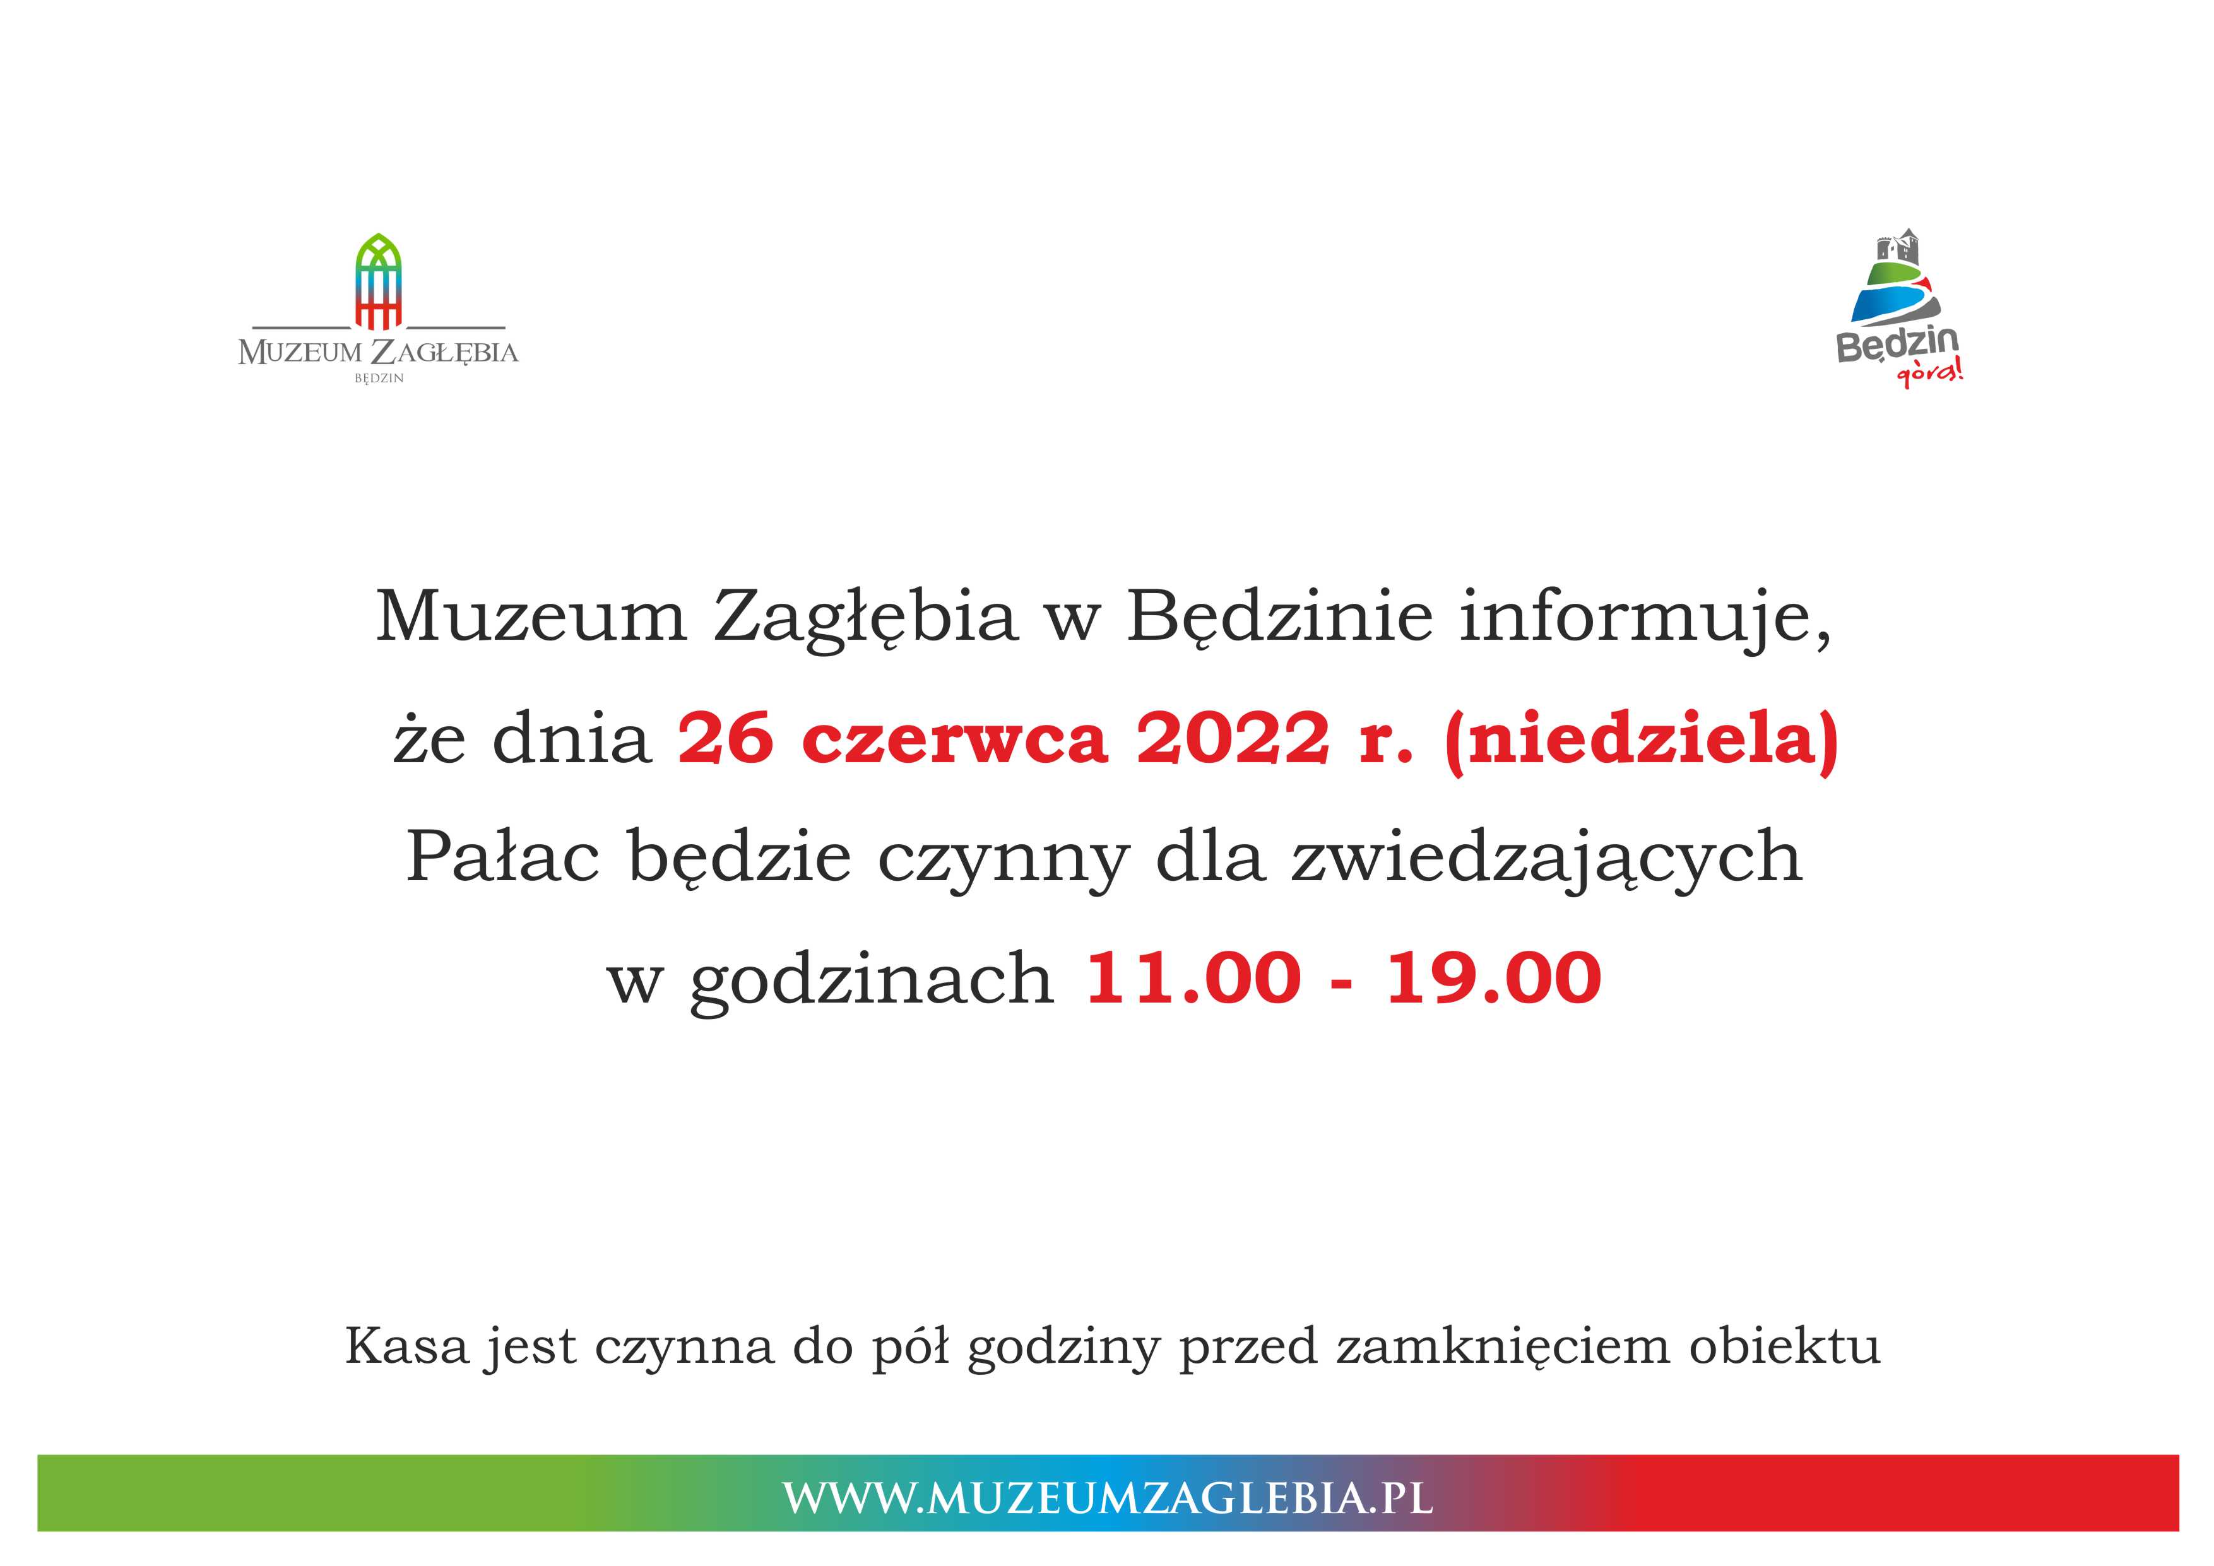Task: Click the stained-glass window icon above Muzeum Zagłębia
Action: pos(379,281)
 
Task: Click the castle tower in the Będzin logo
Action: pos(1898,248)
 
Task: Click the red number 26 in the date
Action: pos(726,739)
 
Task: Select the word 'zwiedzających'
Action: pos(1546,860)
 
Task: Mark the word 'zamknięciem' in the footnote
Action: pos(1502,1349)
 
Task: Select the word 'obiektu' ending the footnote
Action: pos(1784,1346)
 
